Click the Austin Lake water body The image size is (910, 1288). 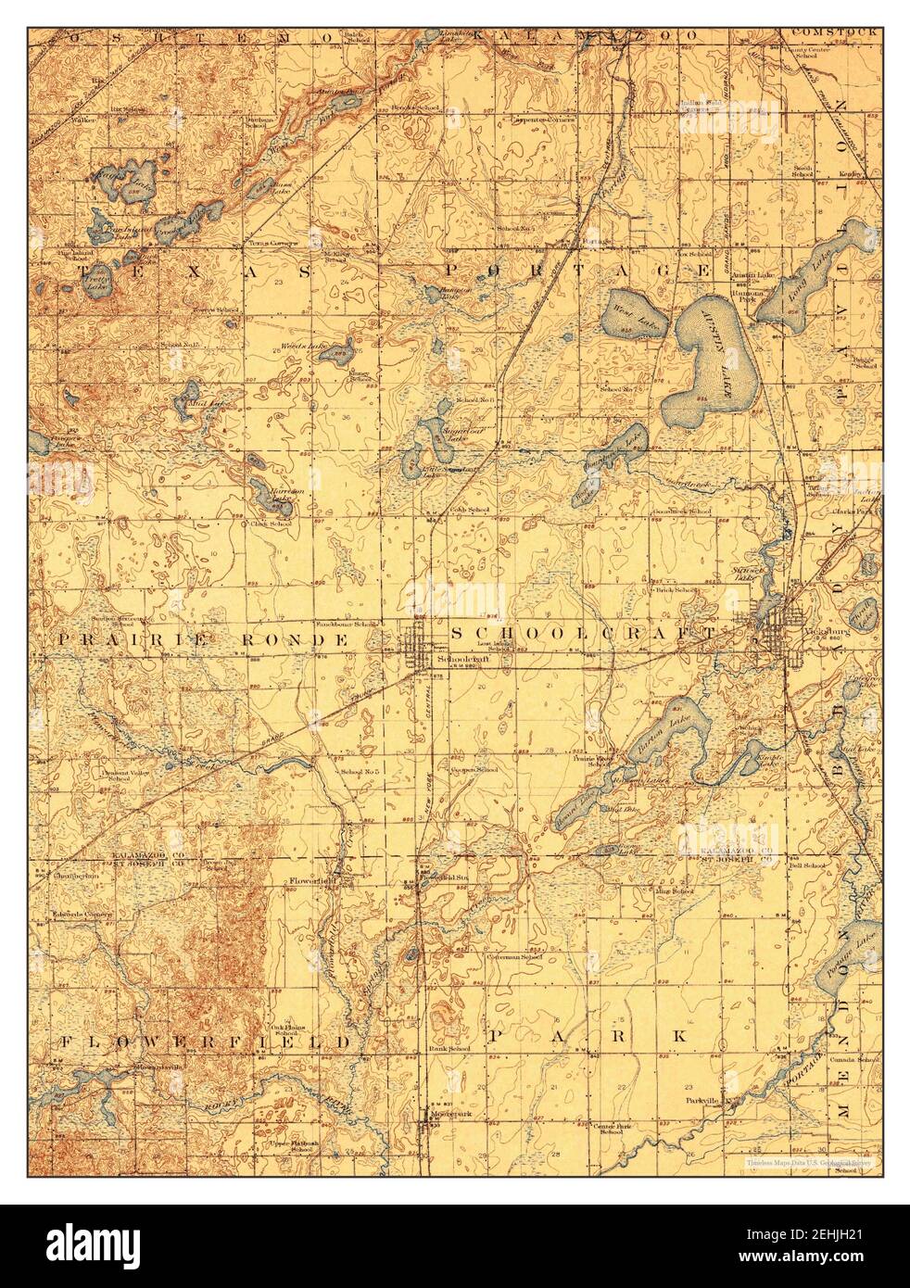710,361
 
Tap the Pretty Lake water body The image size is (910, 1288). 95,285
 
